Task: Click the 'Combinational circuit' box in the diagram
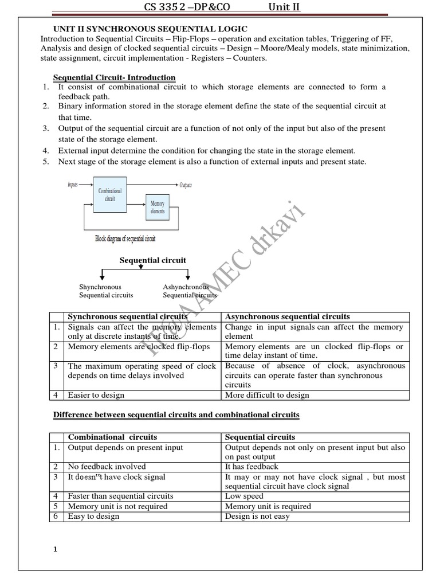[x=110, y=195]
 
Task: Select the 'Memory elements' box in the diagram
[x=157, y=208]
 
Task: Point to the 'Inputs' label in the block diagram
[x=73, y=185]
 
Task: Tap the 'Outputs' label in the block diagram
[x=186, y=185]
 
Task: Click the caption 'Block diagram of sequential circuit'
[x=125, y=238]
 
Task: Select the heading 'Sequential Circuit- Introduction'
[x=114, y=77]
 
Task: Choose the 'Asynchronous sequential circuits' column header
[x=288, y=316]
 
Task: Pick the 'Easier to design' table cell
[x=96, y=395]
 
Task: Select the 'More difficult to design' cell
[x=267, y=395]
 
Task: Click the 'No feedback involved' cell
[x=107, y=467]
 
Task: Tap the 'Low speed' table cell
[x=244, y=496]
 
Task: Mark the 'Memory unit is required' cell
[x=268, y=506]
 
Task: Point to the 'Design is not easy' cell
[x=257, y=516]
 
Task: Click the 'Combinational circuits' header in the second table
[x=112, y=437]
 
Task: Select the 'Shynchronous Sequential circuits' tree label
[x=105, y=291]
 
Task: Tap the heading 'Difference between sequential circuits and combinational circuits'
[x=176, y=414]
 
